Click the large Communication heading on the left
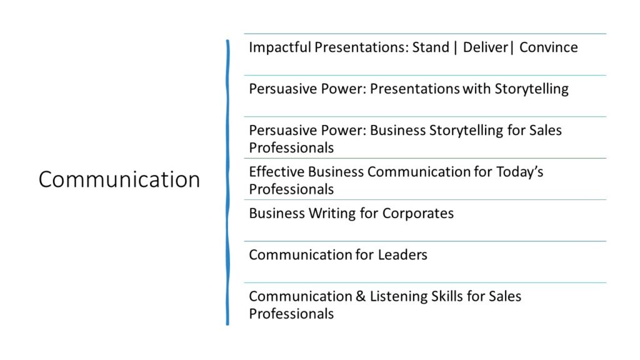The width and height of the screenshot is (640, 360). pos(119,179)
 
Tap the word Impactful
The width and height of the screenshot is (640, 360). pos(280,47)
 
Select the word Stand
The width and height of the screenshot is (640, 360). pos(431,47)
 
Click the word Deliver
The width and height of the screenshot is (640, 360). pos(485,47)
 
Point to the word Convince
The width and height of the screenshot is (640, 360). pos(549,47)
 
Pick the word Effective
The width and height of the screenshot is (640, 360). pos(277,172)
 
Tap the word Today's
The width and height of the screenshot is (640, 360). pos(519,172)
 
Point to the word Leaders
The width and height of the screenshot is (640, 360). pos(402,255)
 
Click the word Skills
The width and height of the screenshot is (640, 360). pos(445,296)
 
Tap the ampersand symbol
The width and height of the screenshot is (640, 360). pos(361,296)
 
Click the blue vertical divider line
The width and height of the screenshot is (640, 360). pos(227,182)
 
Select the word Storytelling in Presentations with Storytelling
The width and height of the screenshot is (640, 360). pos(531,89)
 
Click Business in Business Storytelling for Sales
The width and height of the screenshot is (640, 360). pos(398,130)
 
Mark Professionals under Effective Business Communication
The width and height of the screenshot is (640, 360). pos(291,189)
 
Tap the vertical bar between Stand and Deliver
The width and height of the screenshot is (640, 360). pos(456,47)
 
